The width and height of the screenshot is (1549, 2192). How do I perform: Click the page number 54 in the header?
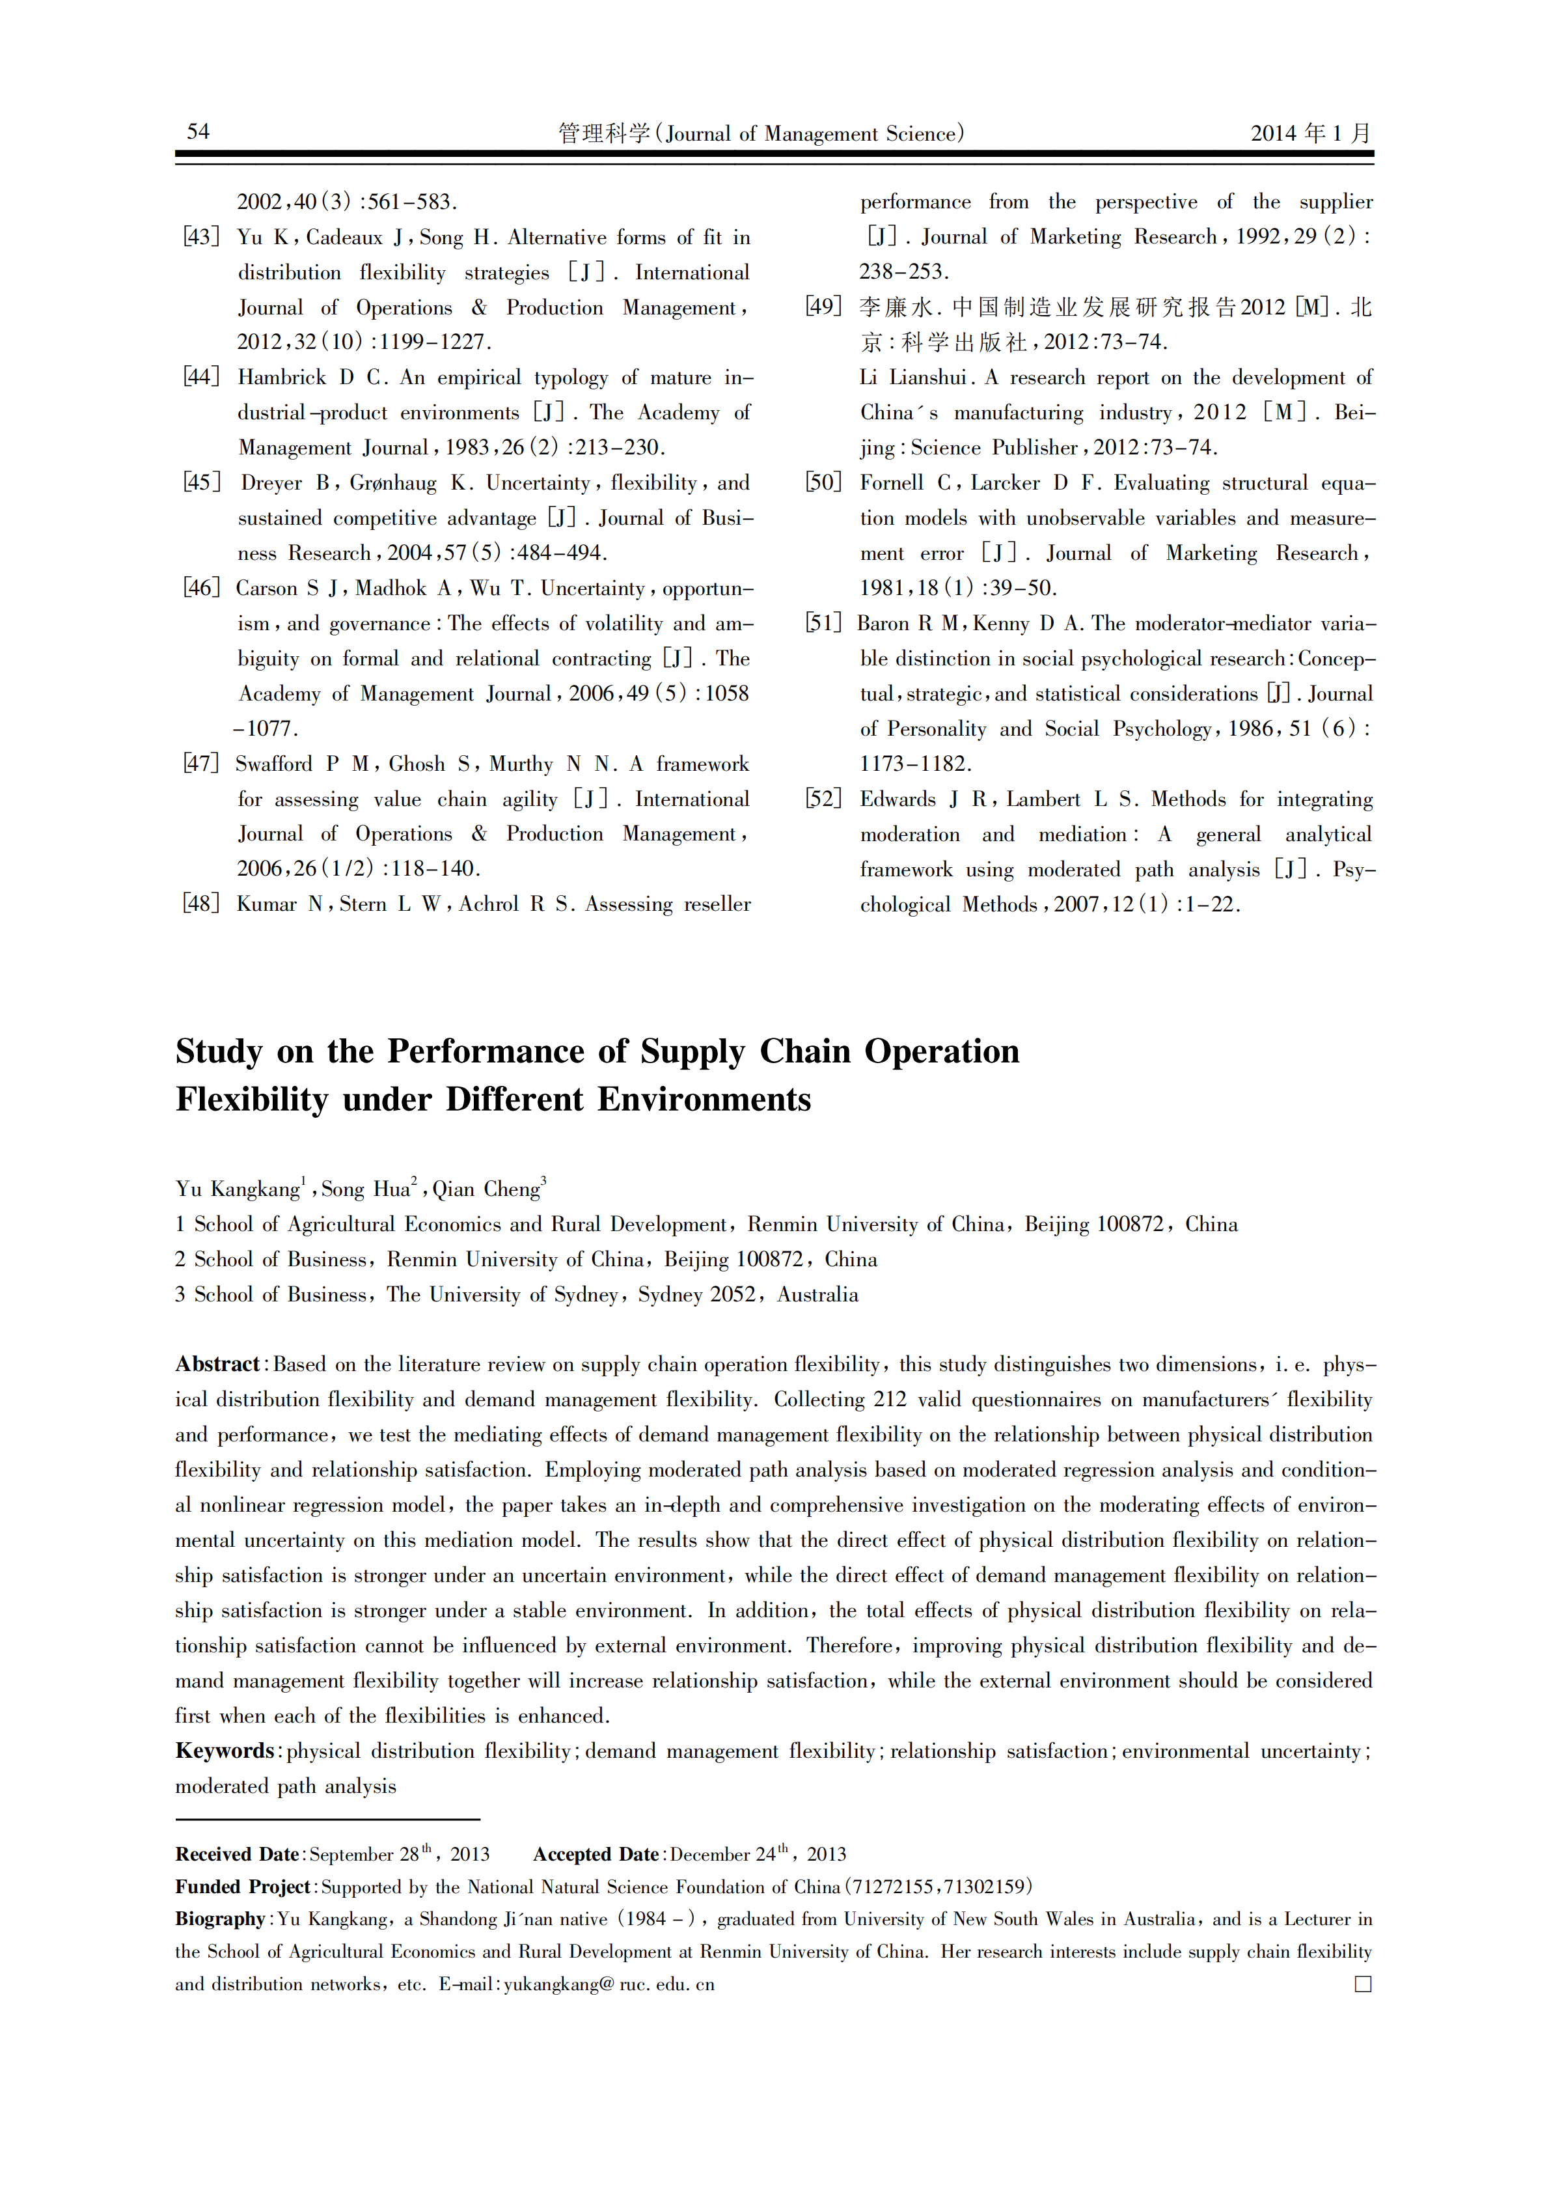click(x=198, y=132)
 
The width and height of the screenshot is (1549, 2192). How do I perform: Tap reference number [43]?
click(x=201, y=237)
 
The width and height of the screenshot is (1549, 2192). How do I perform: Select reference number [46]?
click(x=201, y=588)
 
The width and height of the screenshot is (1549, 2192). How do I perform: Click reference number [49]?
click(x=824, y=307)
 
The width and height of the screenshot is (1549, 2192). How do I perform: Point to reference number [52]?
click(x=824, y=799)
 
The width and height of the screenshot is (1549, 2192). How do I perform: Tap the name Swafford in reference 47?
click(x=274, y=764)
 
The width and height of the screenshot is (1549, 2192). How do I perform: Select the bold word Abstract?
click(x=217, y=1365)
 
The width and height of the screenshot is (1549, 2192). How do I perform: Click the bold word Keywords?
click(x=225, y=1751)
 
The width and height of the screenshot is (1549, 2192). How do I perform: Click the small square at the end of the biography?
click(x=1363, y=1984)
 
